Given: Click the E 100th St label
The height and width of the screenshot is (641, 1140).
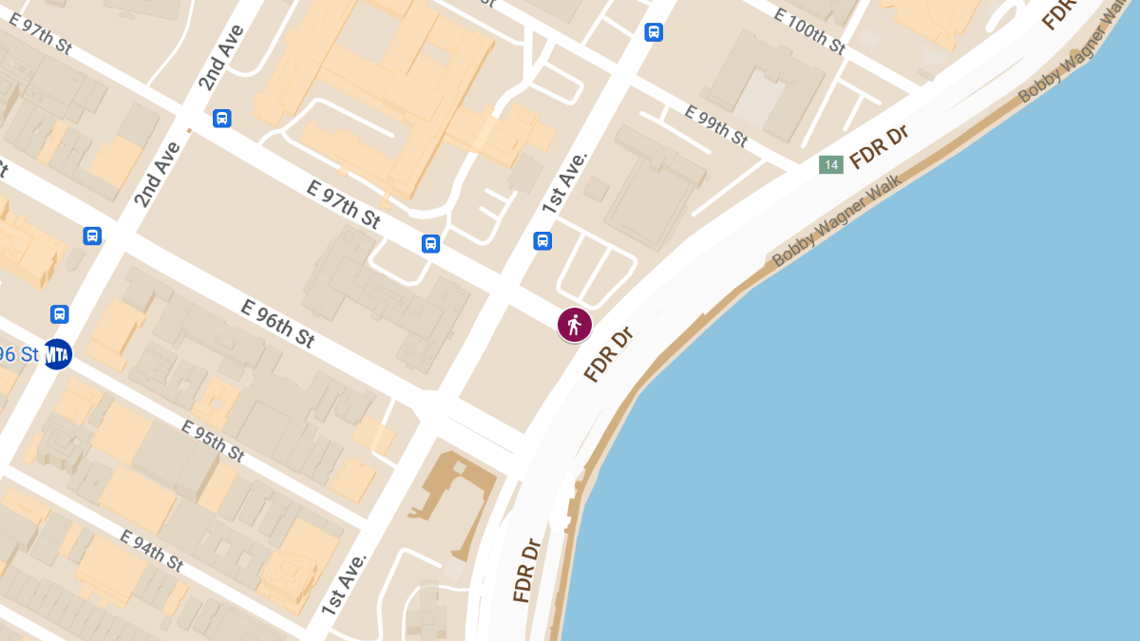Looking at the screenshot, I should click(808, 30).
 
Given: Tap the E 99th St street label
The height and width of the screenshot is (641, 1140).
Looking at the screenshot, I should click(715, 125).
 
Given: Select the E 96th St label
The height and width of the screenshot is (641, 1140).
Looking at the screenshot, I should click(277, 323).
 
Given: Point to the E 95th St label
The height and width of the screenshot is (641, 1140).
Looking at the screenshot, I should click(212, 441).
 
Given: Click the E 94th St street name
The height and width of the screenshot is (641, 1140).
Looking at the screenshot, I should click(152, 550).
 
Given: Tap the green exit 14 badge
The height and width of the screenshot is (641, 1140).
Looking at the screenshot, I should click(831, 165).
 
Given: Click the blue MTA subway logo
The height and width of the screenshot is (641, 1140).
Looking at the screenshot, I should click(58, 354).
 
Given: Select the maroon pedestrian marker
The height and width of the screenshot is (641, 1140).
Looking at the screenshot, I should click(574, 325).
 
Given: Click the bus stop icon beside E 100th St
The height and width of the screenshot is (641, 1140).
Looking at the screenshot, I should click(654, 32).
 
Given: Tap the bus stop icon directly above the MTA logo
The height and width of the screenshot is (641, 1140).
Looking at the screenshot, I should click(59, 313).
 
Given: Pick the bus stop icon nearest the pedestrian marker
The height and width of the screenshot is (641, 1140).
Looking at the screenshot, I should click(542, 241).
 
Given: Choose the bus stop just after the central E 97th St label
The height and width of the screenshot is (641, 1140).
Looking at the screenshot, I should click(430, 244).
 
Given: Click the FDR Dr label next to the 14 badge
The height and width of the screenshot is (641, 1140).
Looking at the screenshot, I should click(879, 146).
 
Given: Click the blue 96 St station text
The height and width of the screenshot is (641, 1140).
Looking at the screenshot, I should click(19, 354).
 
